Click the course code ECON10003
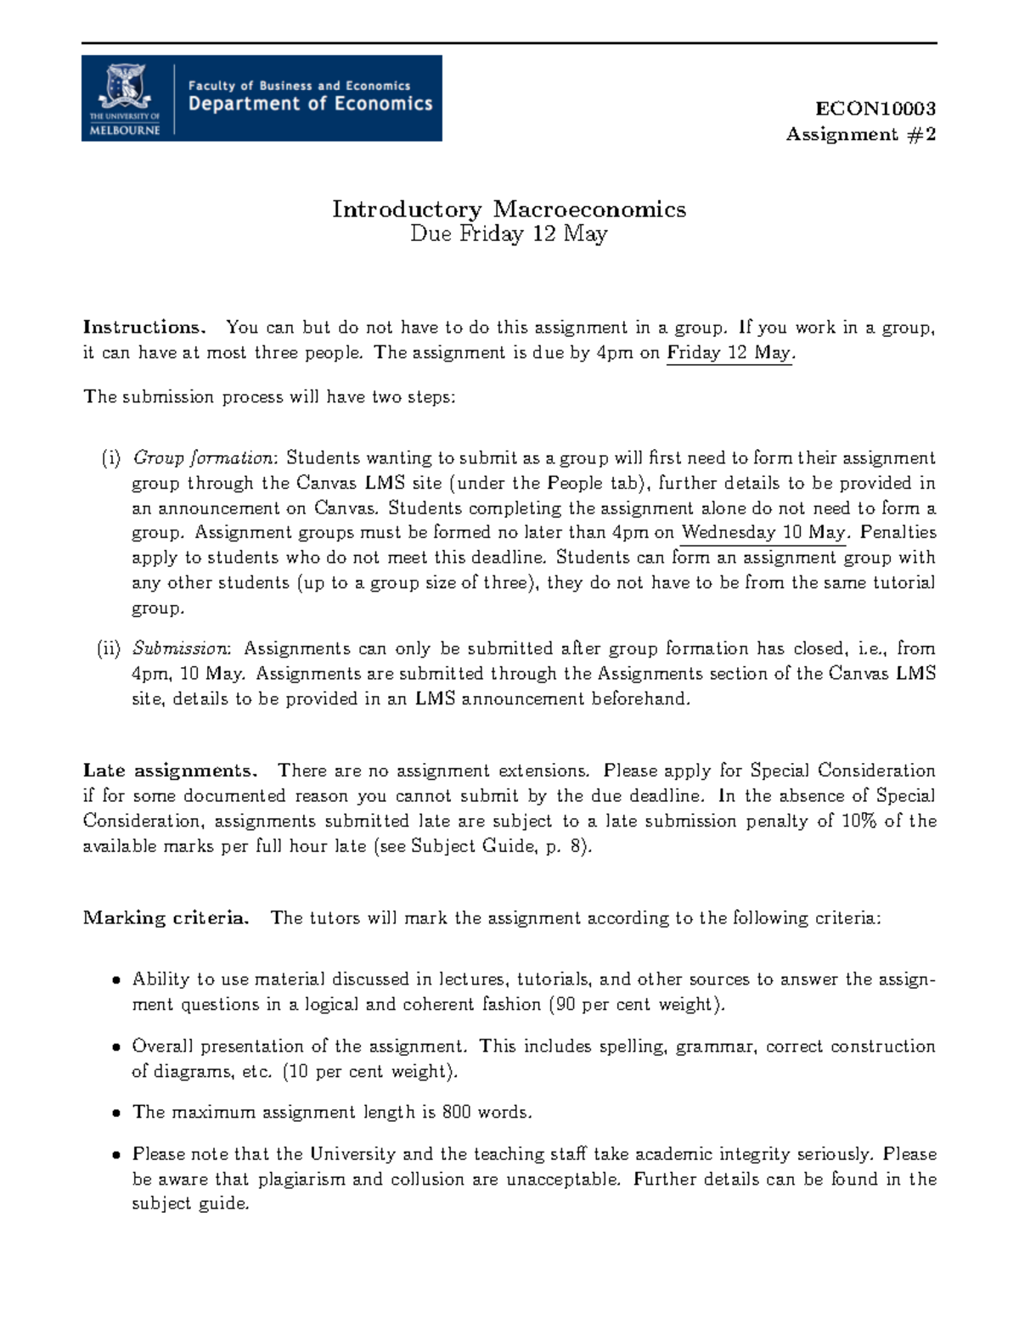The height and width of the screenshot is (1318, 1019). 875,109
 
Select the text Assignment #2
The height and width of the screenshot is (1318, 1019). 860,134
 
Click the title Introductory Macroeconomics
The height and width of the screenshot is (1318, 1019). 509,209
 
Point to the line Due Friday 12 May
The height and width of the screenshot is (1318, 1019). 509,234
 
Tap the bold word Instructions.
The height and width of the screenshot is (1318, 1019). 144,328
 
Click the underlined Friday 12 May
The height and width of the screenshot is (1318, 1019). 729,353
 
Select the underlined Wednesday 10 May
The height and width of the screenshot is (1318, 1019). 763,533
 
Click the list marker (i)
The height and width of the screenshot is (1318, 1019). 110,458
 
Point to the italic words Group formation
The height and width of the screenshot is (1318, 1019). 203,458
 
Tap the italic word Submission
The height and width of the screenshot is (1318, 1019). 180,649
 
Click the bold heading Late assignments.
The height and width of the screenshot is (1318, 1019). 169,771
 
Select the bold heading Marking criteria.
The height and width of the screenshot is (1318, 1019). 166,918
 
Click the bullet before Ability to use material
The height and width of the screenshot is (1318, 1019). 115,981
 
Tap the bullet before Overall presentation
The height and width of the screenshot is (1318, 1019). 115,1048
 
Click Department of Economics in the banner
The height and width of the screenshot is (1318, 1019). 310,104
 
